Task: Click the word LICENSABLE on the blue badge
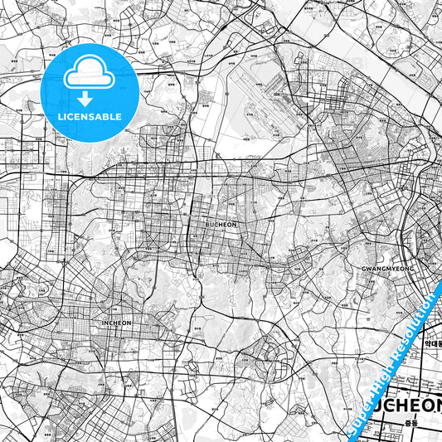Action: pyautogui.click(x=90, y=117)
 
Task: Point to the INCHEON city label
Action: pyautogui.click(x=116, y=323)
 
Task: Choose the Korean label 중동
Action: pyautogui.click(x=412, y=423)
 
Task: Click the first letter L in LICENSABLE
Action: pyautogui.click(x=60, y=117)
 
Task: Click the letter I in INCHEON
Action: pyautogui.click(x=102, y=323)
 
